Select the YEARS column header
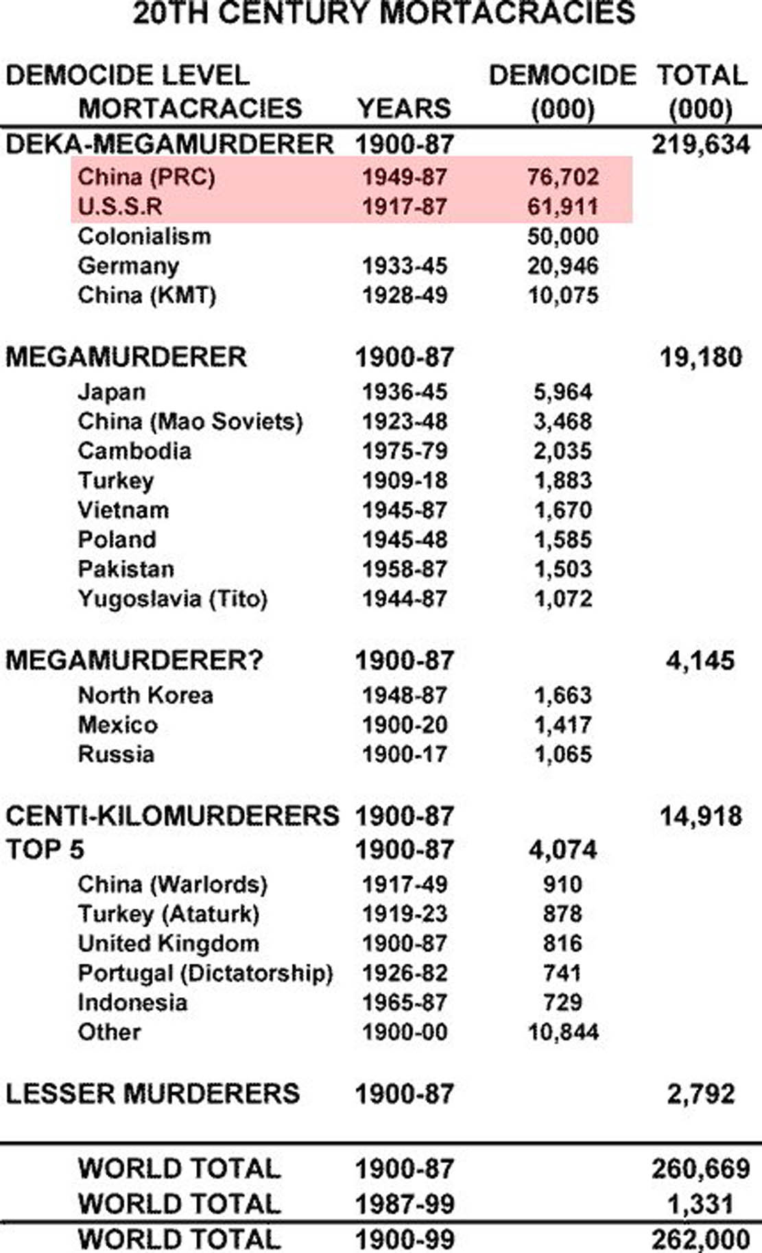[404, 108]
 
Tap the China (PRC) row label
[146, 177]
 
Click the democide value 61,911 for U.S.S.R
[562, 206]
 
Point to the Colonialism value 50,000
[562, 237]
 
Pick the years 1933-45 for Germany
[404, 266]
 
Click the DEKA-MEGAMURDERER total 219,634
[700, 145]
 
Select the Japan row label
[111, 392]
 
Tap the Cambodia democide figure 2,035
[562, 451]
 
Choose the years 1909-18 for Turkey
[404, 481]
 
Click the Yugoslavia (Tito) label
[172, 599]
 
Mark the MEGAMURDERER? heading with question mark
[134, 660]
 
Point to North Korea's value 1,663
[562, 695]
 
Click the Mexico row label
[118, 725]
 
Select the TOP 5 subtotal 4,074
[562, 850]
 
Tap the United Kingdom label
[168, 944]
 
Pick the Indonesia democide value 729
[562, 1003]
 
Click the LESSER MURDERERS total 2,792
[700, 1094]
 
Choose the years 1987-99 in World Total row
[404, 1204]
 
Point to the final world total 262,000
[700, 1239]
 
